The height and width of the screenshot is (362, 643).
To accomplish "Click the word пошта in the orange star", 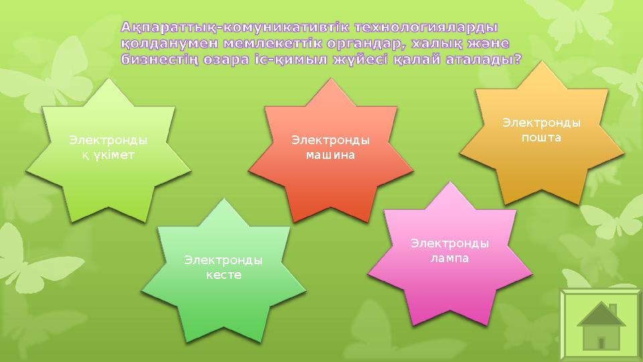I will tap(541, 137).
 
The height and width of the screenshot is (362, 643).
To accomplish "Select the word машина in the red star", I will tap(330, 154).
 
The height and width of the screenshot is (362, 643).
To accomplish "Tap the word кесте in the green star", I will tap(224, 275).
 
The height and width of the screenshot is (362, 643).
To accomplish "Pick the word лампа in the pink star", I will tap(449, 257).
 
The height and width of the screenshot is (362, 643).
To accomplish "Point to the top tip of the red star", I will tap(331, 79).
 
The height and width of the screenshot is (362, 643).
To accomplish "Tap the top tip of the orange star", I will tap(542, 62).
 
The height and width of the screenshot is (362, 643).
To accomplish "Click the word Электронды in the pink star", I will tap(449, 243).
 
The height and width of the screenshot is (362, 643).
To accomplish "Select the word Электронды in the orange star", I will tap(541, 123).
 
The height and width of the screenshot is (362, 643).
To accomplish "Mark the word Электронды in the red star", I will tap(330, 140).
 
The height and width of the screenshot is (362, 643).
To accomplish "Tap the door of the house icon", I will tap(601, 342).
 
